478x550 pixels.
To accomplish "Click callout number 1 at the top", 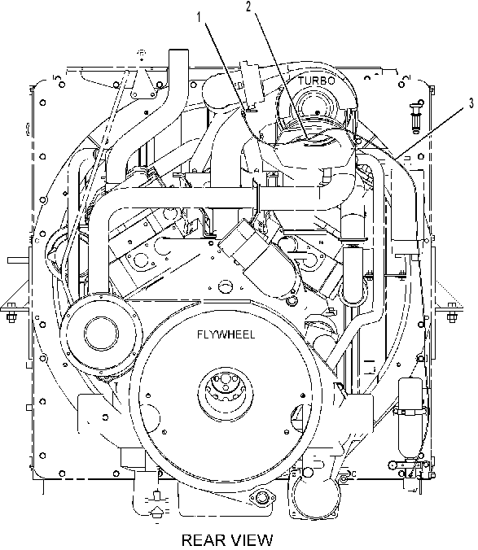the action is tap(200, 17).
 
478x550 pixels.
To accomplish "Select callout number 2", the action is tap(248, 7).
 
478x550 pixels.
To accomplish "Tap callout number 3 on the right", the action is tap(471, 104).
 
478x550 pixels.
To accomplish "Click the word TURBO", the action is tap(317, 81).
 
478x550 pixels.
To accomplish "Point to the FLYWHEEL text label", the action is tap(226, 334).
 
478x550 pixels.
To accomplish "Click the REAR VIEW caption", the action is tap(227, 539).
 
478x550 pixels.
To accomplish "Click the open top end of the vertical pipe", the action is tap(178, 51).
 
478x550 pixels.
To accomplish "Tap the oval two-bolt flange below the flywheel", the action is tap(261, 497).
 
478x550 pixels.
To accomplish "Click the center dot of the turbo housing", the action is tap(318, 112).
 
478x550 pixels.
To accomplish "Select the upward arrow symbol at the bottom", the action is tap(157, 512).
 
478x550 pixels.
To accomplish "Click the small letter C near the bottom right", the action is tap(353, 474).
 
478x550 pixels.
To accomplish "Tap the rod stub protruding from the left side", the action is tap(18, 260).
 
